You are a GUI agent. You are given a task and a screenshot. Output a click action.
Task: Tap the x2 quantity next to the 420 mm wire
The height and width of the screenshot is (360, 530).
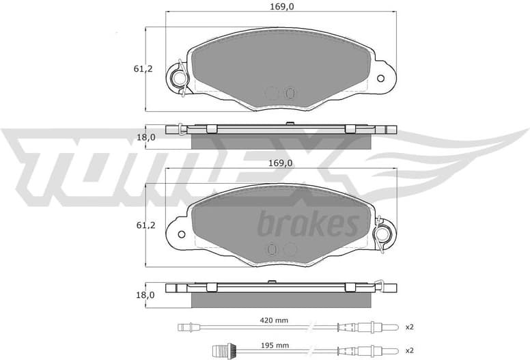point(409,327)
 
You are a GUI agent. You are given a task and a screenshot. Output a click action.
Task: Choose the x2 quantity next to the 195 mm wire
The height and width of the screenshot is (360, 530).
point(409,350)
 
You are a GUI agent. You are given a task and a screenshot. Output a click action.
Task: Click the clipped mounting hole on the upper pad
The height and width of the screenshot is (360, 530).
point(180,79)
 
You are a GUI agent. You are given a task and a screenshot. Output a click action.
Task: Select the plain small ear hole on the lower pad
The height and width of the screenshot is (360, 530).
point(182,234)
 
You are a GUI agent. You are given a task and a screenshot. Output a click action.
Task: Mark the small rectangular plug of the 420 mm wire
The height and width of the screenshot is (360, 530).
point(182,327)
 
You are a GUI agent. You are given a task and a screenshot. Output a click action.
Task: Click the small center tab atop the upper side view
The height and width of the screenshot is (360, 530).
point(290,124)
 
